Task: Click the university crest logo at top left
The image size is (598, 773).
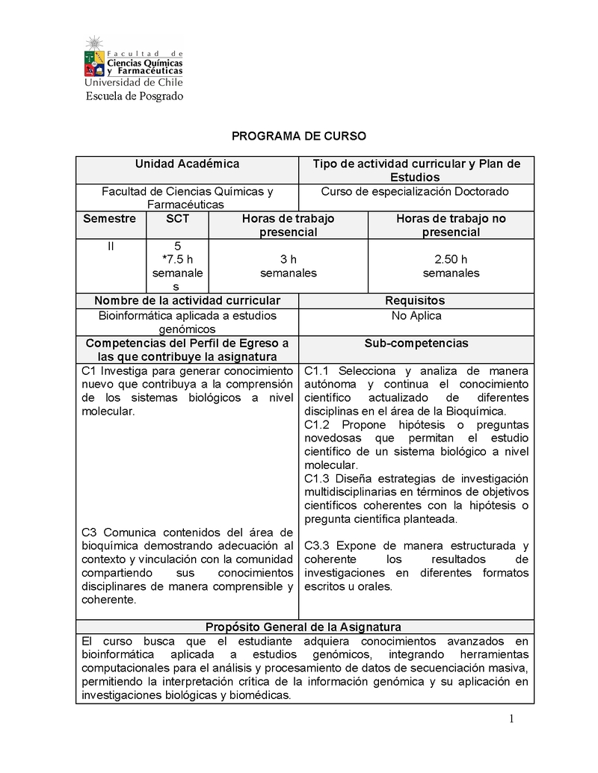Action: click(94, 57)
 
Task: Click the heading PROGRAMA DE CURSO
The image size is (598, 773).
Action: click(299, 136)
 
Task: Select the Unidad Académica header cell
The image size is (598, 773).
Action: click(187, 164)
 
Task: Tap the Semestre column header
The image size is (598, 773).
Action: click(110, 219)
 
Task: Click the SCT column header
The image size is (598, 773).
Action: click(177, 219)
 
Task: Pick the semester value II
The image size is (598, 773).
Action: click(111, 246)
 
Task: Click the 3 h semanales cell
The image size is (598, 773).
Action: click(288, 266)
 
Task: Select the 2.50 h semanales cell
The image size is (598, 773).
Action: click(451, 266)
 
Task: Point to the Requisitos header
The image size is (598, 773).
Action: click(415, 300)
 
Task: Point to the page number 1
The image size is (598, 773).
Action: click(511, 719)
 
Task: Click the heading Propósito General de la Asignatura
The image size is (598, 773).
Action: click(303, 627)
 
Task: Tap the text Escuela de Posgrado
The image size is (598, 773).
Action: click(134, 96)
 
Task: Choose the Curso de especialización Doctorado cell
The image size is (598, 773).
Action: click(415, 191)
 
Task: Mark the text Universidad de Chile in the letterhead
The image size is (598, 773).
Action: click(134, 83)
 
